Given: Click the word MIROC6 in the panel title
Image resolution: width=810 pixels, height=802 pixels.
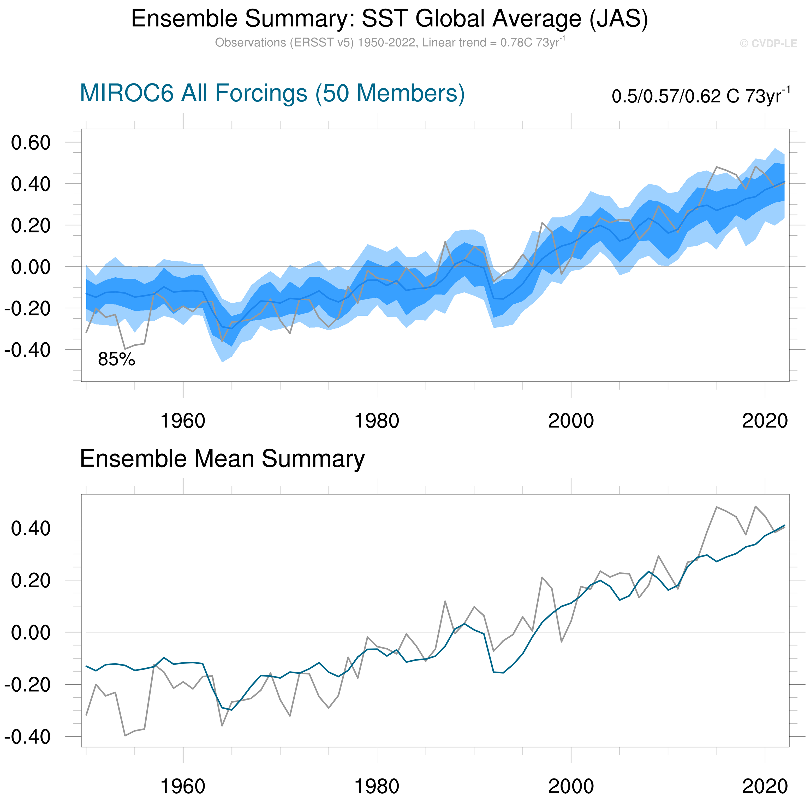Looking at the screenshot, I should [x=126, y=93].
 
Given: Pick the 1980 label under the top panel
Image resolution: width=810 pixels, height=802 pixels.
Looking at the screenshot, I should [x=377, y=421].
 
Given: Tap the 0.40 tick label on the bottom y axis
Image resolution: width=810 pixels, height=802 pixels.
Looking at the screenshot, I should [x=31, y=528].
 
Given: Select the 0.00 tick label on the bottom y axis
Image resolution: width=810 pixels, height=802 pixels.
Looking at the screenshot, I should [x=31, y=632].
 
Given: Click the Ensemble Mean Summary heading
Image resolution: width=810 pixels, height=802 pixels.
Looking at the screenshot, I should [x=222, y=459].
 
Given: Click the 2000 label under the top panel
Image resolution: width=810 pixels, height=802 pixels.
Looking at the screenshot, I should [x=571, y=421].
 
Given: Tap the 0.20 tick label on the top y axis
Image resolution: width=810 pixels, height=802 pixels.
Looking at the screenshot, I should [x=31, y=226].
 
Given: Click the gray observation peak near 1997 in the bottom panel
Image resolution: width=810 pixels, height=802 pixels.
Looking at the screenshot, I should [x=542, y=577].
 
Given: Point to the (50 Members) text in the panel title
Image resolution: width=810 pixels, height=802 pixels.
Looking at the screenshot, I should [x=390, y=93].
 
